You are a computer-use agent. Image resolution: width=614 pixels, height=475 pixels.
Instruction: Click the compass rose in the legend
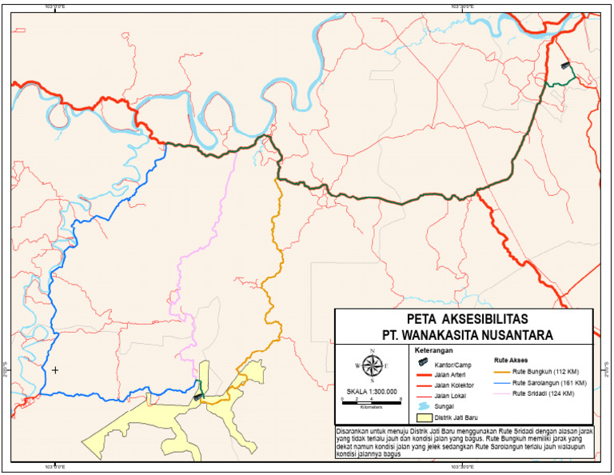[371, 365]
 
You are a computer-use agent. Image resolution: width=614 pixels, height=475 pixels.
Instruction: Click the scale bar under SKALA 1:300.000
[371, 401]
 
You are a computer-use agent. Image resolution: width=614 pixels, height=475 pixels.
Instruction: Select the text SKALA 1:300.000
[371, 392]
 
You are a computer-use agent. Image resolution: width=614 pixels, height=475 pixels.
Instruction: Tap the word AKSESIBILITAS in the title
[473, 317]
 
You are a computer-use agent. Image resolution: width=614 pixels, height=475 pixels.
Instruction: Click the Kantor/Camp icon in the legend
[423, 362]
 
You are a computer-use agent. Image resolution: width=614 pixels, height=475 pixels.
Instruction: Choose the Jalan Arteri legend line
[423, 373]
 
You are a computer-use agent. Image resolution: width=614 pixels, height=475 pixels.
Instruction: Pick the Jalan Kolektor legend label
[453, 385]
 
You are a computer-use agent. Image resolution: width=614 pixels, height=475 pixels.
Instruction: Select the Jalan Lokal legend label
[450, 396]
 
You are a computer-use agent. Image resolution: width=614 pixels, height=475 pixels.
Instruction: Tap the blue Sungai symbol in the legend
[423, 406]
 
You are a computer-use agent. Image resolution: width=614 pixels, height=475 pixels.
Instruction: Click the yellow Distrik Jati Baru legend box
[423, 417]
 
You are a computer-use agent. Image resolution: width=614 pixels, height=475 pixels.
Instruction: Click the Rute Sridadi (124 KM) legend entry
[545, 394]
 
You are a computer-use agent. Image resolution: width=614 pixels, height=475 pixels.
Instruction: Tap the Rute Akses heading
[511, 360]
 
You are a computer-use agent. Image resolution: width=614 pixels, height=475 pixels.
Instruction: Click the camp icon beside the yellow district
[198, 394]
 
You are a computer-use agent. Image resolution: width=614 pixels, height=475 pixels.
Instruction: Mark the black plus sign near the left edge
[55, 370]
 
